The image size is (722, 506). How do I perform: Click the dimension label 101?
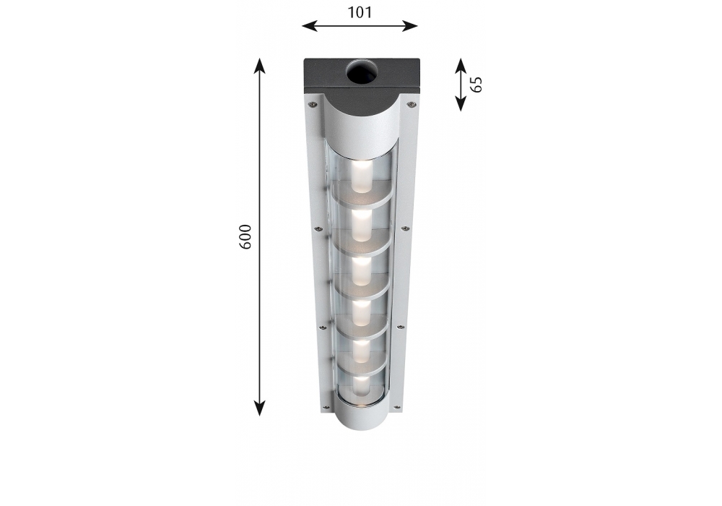[359, 12]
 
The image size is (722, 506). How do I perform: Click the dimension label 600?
[245, 237]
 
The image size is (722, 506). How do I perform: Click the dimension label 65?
[477, 85]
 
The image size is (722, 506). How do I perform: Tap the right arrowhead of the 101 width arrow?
[409, 26]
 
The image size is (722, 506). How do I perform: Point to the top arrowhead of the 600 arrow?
[260, 67]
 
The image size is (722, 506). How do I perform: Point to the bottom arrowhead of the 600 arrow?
[260, 408]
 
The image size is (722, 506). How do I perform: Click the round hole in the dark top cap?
[361, 73]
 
